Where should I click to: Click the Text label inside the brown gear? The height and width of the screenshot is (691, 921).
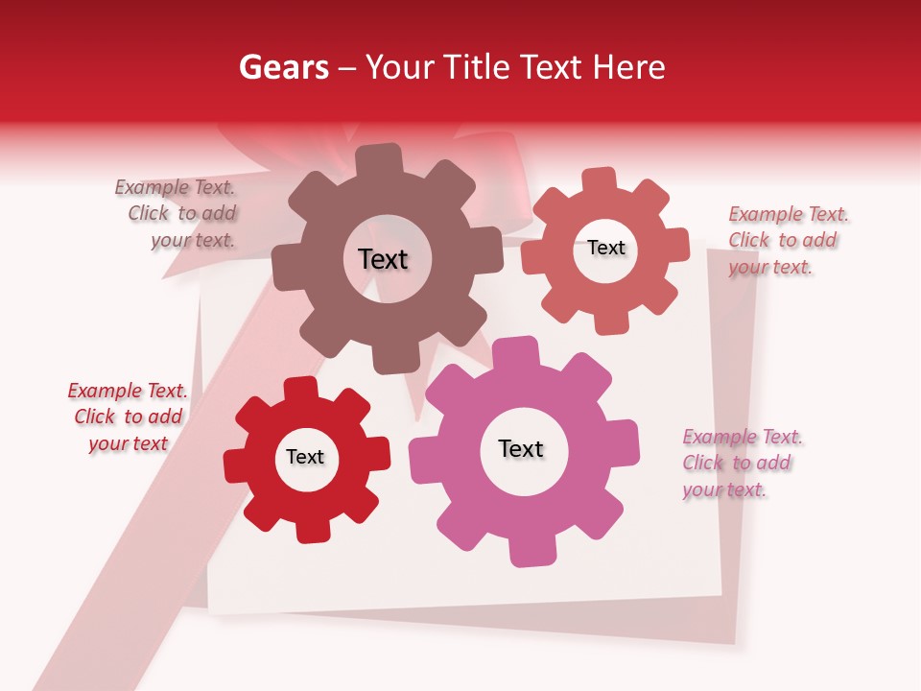383,259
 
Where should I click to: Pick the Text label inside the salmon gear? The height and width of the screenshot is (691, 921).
606,248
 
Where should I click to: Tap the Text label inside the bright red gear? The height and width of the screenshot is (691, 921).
305,457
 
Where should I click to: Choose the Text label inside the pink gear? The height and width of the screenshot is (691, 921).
521,448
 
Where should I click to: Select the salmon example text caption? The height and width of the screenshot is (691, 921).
787,240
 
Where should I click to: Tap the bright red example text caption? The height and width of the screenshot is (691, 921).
128,417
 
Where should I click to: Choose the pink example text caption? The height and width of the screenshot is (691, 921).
741,464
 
